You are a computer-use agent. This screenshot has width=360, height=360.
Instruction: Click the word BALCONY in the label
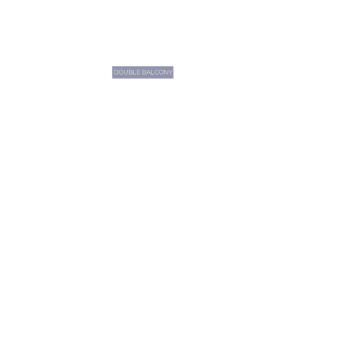click(x=157, y=72)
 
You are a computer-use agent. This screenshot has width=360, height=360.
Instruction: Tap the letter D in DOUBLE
click(x=117, y=72)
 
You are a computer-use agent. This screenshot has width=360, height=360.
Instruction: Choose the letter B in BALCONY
click(x=144, y=72)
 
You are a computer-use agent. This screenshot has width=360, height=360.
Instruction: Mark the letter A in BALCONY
click(x=148, y=72)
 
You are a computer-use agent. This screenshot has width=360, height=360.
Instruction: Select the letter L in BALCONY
click(x=153, y=72)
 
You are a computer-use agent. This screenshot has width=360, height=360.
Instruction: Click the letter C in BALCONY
click(x=156, y=72)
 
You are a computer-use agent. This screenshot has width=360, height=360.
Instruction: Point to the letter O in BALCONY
click(x=161, y=72)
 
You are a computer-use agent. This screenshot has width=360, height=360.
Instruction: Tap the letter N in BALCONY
click(x=166, y=72)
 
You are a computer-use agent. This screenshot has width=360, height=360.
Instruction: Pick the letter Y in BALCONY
click(x=171, y=72)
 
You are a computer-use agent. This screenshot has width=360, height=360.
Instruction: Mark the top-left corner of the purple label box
click(x=112, y=66)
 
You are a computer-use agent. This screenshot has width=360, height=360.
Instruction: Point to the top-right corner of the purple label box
click(x=174, y=66)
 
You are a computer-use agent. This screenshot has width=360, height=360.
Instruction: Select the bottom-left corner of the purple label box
click(x=112, y=78)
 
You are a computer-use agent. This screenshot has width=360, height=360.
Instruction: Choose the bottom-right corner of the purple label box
click(x=174, y=78)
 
